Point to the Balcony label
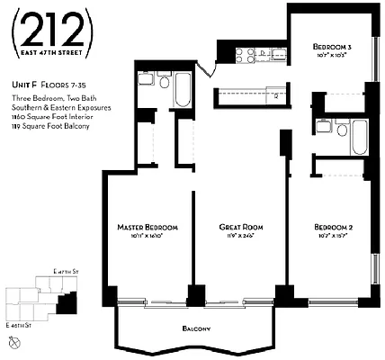pos(195,329)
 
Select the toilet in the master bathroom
pos(164,82)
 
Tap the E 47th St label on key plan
pos(66,271)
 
